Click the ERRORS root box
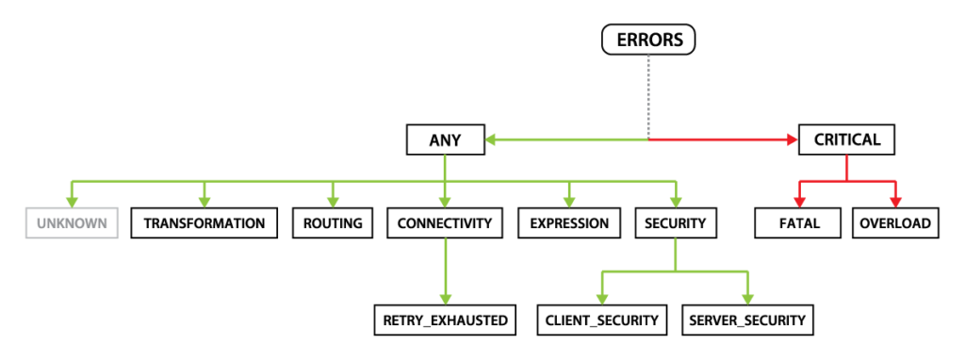click(x=648, y=40)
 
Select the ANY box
click(x=445, y=140)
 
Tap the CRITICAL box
click(x=846, y=140)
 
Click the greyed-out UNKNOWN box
click(x=72, y=223)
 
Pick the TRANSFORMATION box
click(x=204, y=223)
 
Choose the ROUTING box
click(x=333, y=223)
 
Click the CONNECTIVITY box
click(x=445, y=223)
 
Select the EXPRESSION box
click(x=569, y=223)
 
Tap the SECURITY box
click(x=675, y=223)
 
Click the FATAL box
click(x=799, y=223)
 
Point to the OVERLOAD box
click(x=894, y=223)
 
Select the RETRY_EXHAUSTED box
click(x=445, y=320)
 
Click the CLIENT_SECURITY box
click(x=602, y=320)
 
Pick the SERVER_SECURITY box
click(x=747, y=320)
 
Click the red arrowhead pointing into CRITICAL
click(x=792, y=140)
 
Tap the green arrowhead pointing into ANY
click(x=492, y=140)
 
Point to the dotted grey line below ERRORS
click(x=648, y=94)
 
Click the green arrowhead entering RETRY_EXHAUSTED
click(x=445, y=297)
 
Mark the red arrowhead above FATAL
click(x=799, y=201)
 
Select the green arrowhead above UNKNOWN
click(x=72, y=201)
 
